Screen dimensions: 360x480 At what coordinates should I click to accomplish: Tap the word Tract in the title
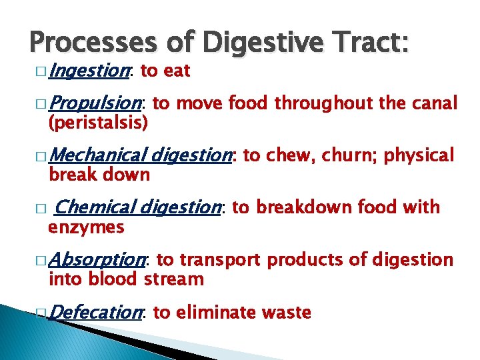click(x=375, y=44)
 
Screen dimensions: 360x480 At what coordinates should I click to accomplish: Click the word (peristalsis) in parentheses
click(x=97, y=123)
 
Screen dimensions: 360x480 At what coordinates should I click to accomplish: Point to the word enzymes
click(x=86, y=227)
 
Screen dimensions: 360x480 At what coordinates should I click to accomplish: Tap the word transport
click(x=223, y=259)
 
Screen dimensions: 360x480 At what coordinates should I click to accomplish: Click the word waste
click(x=286, y=312)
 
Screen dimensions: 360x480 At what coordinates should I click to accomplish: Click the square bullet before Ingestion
click(x=43, y=71)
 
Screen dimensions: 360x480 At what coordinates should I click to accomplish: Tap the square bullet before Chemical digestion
click(x=43, y=209)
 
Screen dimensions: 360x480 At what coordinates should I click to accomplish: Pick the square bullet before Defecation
click(x=43, y=313)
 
